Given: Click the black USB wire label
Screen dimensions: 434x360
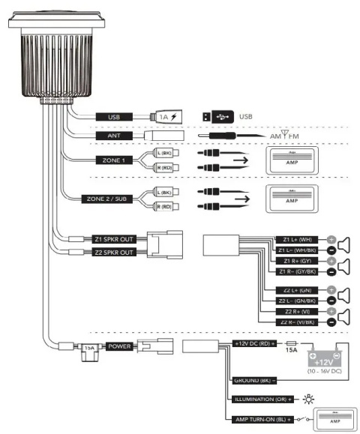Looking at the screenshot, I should point(115,117).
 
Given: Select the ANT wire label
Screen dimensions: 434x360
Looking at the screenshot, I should point(115,136).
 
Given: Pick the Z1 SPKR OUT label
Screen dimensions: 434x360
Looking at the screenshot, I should point(112,239).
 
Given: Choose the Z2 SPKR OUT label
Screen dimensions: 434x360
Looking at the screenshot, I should point(112,252).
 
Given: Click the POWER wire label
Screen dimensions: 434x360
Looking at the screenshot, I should point(119,346).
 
